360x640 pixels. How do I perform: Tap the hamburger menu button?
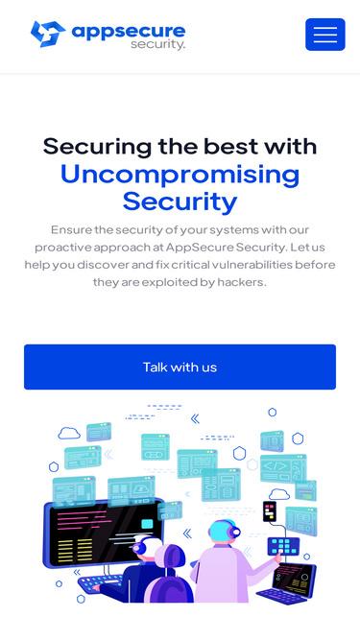click(324, 35)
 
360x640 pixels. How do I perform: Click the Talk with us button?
click(180, 367)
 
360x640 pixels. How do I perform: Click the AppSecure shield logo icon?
click(48, 34)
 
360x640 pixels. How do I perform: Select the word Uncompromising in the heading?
click(180, 174)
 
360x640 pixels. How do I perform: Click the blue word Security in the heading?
click(180, 201)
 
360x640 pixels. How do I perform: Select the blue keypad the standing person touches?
click(283, 546)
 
